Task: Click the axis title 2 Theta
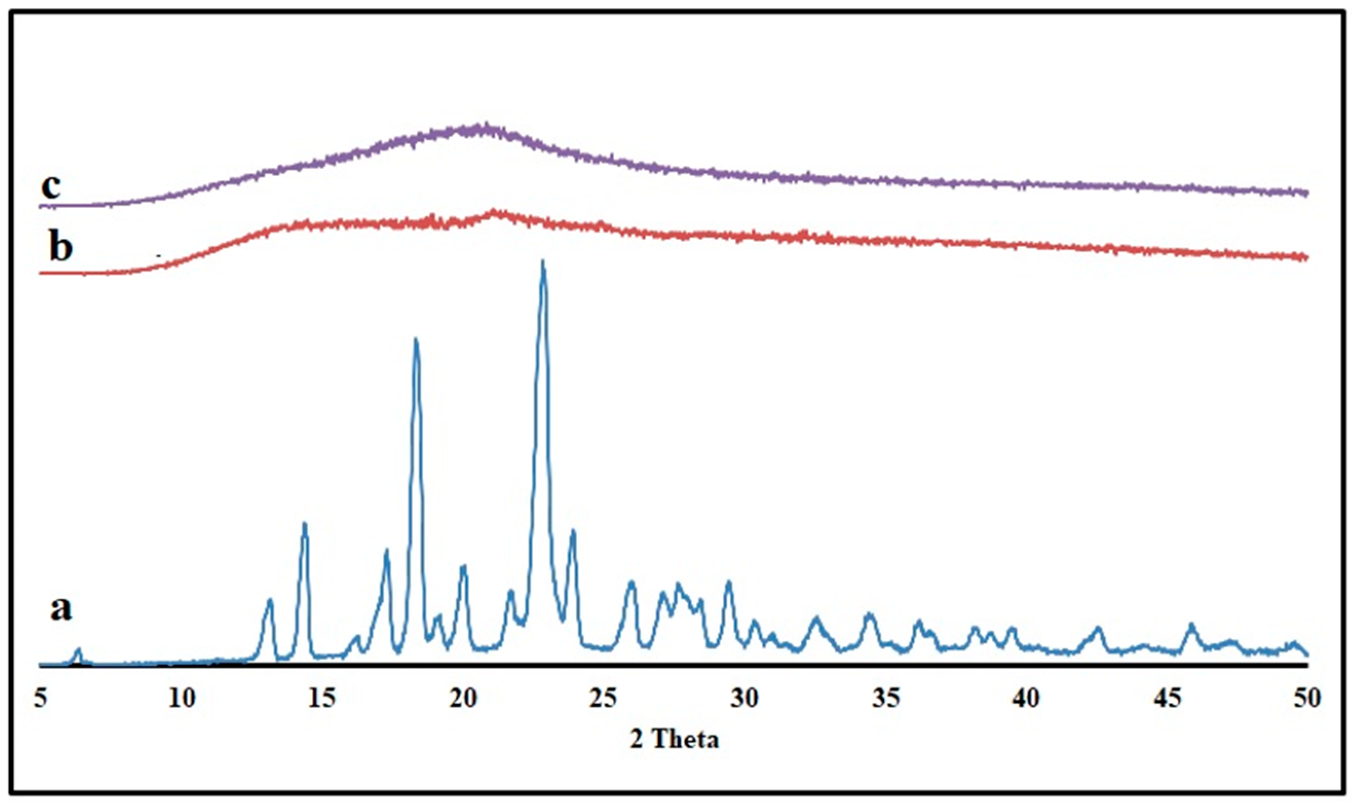tap(675, 740)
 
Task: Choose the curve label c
tap(51, 186)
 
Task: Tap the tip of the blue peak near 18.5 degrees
tap(416, 340)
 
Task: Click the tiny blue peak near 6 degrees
tap(79, 649)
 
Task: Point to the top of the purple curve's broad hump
tap(483, 127)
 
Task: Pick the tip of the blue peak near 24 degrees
tap(573, 531)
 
